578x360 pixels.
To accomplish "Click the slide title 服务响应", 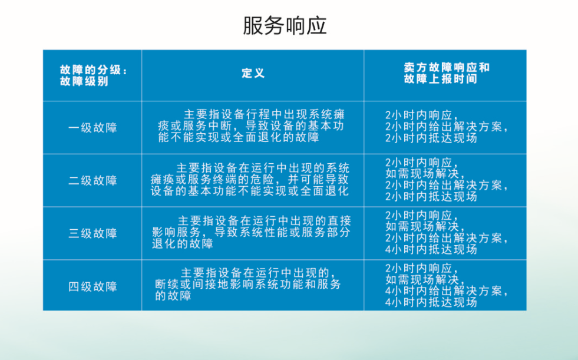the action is click(x=285, y=26).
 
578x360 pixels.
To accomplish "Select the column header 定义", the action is click(x=253, y=73).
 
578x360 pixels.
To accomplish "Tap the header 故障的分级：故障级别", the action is click(x=94, y=75).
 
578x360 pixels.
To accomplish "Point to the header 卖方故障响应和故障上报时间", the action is click(x=447, y=73).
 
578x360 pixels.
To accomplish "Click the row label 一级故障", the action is click(x=93, y=128).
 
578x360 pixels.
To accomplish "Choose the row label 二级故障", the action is click(x=93, y=180).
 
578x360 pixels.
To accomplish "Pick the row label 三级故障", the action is click(x=93, y=233).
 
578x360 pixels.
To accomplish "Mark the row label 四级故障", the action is click(x=93, y=286).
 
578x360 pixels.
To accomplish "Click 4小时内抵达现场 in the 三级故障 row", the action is click(x=431, y=249).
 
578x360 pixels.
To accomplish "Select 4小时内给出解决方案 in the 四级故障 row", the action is click(x=447, y=290).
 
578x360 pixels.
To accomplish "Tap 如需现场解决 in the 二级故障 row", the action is click(x=425, y=174).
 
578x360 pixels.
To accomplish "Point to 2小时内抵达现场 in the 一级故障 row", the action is click(x=431, y=138).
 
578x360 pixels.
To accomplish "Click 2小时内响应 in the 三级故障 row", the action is click(x=421, y=215).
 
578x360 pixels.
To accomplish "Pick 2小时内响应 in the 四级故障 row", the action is click(x=421, y=268).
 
